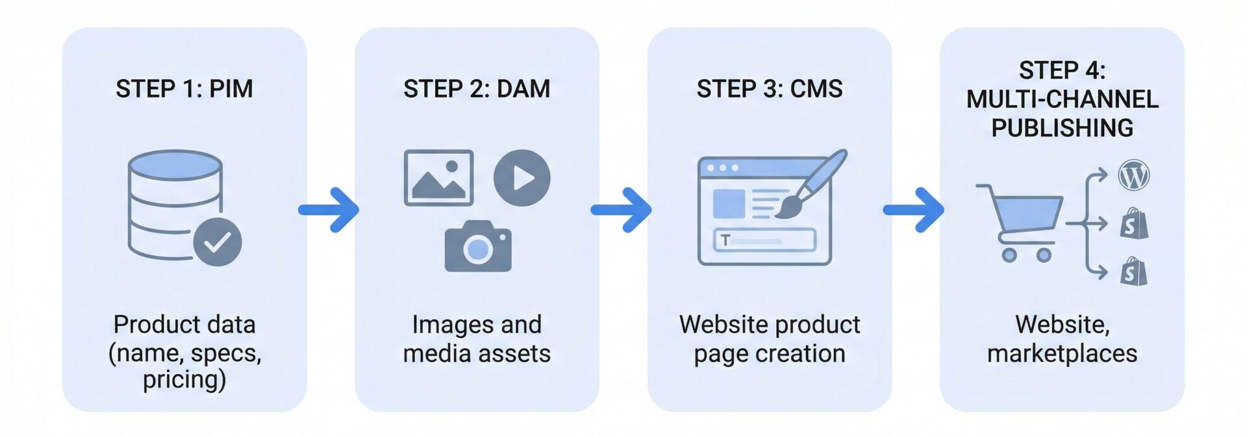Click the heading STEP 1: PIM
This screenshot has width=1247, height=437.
[x=184, y=88]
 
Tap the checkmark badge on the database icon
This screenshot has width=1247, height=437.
[x=218, y=242]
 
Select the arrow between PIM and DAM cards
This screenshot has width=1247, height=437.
[x=330, y=210]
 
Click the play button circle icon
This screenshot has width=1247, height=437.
[x=522, y=178]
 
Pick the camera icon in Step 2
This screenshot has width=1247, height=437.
[x=478, y=247]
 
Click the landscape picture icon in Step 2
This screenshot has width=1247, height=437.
[x=438, y=178]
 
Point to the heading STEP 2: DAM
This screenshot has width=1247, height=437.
[x=476, y=88]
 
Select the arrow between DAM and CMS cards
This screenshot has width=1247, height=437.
[x=622, y=210]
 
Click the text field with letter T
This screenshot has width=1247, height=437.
[x=764, y=240]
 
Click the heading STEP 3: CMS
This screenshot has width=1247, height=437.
[x=770, y=88]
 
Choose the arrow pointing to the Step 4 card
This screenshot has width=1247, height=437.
[x=914, y=210]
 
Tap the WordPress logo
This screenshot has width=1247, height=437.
[x=1133, y=175]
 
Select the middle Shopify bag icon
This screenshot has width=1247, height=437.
[x=1134, y=224]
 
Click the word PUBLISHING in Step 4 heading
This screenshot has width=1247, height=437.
[x=1062, y=128]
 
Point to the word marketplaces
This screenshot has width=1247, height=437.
[x=1062, y=353]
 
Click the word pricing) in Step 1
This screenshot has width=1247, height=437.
[x=184, y=379]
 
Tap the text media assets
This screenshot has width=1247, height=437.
[x=476, y=353]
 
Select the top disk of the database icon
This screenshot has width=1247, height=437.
[x=175, y=164]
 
